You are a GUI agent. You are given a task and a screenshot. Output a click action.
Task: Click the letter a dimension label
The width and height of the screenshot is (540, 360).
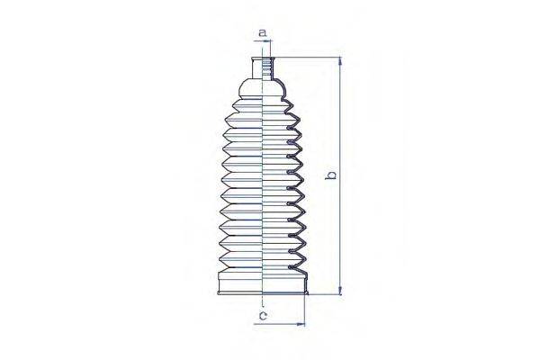click(x=263, y=32)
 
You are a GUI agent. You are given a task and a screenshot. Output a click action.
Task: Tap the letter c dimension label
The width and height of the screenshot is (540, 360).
click(x=262, y=315)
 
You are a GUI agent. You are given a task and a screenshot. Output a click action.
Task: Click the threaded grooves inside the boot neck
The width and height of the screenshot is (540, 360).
click(x=268, y=67)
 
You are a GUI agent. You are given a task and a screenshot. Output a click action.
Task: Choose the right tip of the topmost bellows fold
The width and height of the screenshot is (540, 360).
click(x=299, y=112)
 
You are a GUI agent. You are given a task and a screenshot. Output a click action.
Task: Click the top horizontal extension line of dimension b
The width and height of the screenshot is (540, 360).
click(x=310, y=58)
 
